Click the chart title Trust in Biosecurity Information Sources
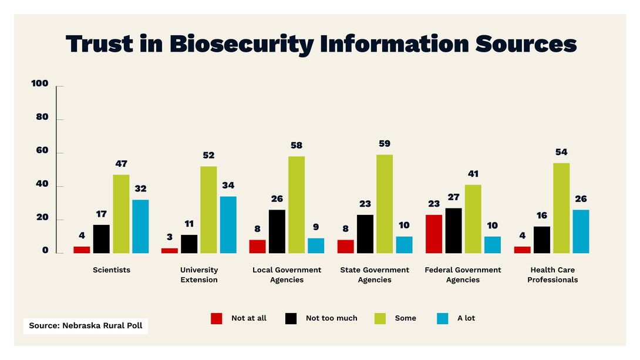tap(321, 45)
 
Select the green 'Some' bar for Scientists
tap(121, 214)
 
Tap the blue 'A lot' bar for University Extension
tap(228, 225)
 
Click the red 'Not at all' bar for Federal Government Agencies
tap(433, 234)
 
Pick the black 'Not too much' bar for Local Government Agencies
tap(277, 231)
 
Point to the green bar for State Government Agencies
tap(385, 204)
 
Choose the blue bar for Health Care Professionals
tap(580, 231)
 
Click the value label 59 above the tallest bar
tap(385, 143)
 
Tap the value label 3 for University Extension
tap(170, 237)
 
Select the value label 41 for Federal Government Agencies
tap(473, 174)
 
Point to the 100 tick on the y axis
tap(40, 84)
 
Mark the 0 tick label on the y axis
tap(45, 251)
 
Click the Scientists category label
tap(112, 270)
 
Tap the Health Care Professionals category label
tap(552, 275)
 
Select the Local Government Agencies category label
tap(287, 275)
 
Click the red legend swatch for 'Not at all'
tap(217, 318)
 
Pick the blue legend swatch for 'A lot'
tap(443, 318)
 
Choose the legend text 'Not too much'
tap(331, 318)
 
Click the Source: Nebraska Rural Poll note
tap(86, 325)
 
